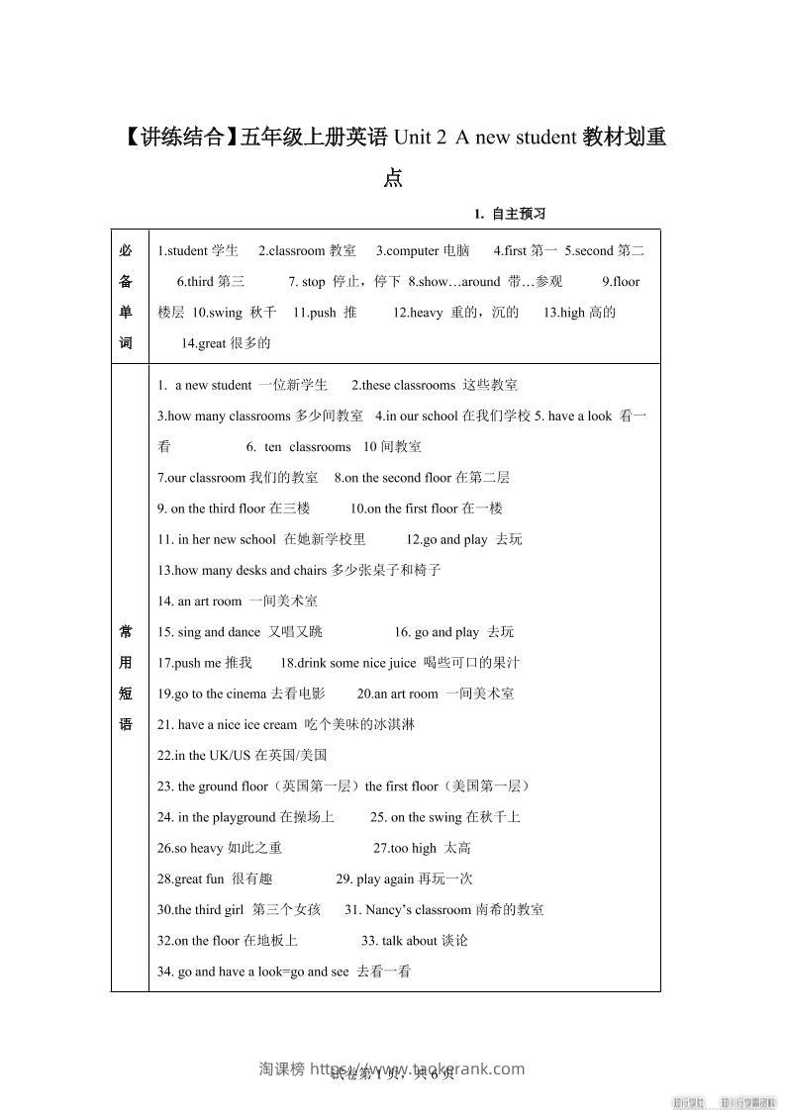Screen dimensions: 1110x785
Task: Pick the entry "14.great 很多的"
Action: pyautogui.click(x=226, y=343)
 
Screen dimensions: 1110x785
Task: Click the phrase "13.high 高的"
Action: pyautogui.click(x=579, y=312)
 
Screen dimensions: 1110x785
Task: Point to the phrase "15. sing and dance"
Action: pyautogui.click(x=209, y=631)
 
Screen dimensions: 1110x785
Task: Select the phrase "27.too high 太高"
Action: pyautogui.click(x=422, y=847)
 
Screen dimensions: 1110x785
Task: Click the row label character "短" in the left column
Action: pyautogui.click(x=126, y=694)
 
